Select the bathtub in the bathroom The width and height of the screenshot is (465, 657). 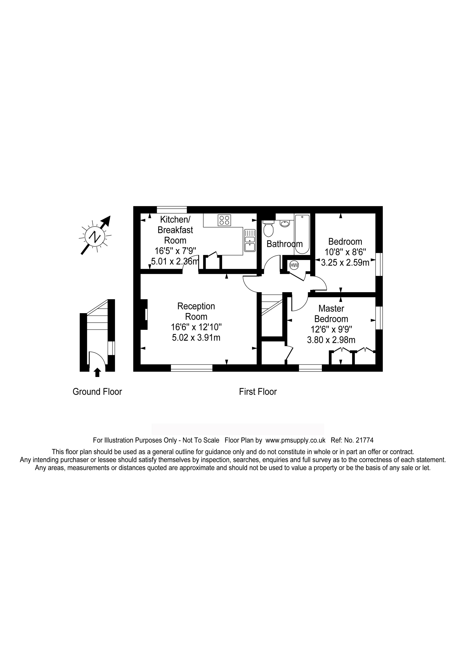pyautogui.click(x=302, y=234)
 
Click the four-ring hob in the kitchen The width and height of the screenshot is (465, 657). pyautogui.click(x=224, y=220)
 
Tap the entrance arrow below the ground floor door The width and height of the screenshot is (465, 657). pyautogui.click(x=97, y=372)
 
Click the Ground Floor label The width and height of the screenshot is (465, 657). pyautogui.click(x=97, y=392)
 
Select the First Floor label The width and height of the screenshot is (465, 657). pyautogui.click(x=258, y=392)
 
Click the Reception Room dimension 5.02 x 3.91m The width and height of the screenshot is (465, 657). pyautogui.click(x=196, y=338)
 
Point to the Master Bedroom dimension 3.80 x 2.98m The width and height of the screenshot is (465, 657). pyautogui.click(x=331, y=340)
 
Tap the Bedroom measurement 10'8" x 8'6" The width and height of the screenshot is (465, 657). pyautogui.click(x=345, y=252)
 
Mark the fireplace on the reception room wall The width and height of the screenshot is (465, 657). pyautogui.click(x=144, y=314)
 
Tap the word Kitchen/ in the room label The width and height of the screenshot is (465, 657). pyautogui.click(x=175, y=220)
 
